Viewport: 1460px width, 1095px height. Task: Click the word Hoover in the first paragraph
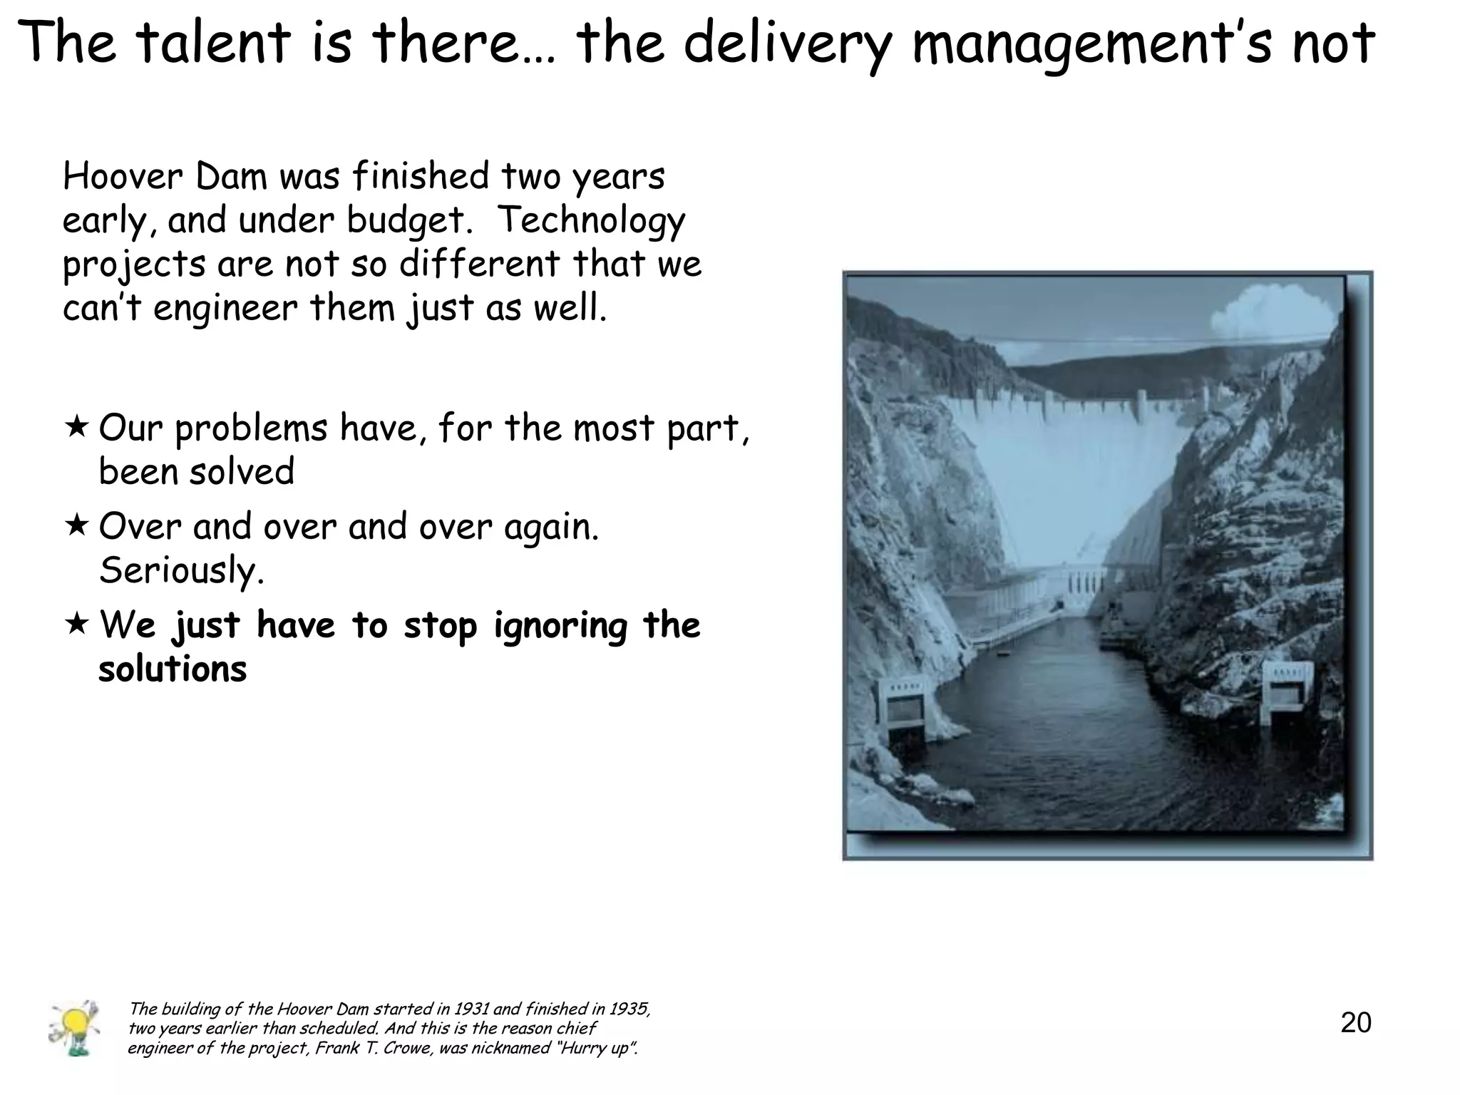click(x=123, y=176)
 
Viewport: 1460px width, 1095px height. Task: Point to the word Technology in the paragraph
click(x=590, y=220)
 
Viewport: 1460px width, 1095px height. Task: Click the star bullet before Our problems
click(x=76, y=427)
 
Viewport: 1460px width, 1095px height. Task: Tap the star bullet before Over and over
click(x=76, y=526)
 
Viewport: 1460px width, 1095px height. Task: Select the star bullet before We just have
click(x=76, y=624)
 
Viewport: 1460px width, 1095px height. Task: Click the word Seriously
click(x=181, y=570)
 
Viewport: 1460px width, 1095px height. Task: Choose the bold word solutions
click(x=173, y=669)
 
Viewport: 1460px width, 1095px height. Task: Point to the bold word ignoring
click(x=560, y=626)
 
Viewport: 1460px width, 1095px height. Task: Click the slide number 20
click(x=1355, y=1022)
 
